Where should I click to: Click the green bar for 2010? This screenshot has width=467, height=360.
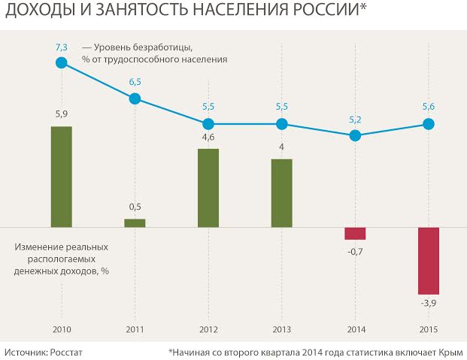tap(62, 177)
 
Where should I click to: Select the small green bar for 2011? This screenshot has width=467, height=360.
tap(135, 222)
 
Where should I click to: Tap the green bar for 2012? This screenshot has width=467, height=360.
tap(208, 188)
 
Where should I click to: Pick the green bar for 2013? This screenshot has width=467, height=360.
tap(281, 192)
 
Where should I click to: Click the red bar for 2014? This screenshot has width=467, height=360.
tap(355, 233)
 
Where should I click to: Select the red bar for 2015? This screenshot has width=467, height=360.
tap(428, 260)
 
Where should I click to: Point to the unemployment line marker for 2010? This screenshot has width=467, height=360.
tap(62, 63)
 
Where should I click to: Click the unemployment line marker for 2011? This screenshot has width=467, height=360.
tap(135, 98)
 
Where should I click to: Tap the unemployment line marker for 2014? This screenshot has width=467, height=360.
tap(355, 135)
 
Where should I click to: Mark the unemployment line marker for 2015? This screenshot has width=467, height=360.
tap(428, 124)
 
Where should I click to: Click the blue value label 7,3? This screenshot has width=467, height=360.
tap(62, 47)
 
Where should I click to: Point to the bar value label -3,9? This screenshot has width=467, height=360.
tap(429, 303)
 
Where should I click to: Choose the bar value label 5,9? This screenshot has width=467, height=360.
tap(62, 114)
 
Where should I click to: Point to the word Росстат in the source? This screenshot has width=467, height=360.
tap(65, 351)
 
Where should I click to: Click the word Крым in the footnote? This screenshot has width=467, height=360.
tap(450, 351)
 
